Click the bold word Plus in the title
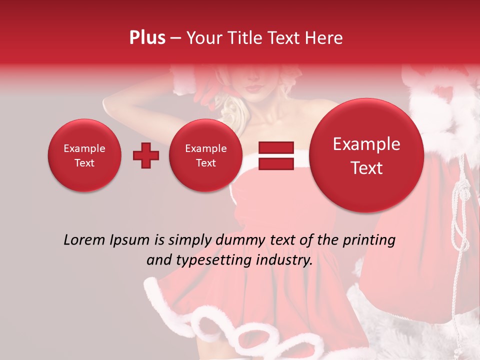tap(147, 38)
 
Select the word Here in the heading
tap(324, 38)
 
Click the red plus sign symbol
tap(145, 155)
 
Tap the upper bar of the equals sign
tap(275, 147)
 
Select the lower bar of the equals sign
tap(275, 164)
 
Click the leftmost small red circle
tap(84, 155)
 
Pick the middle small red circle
tap(205, 155)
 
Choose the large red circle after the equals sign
tap(366, 155)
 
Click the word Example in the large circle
tap(366, 144)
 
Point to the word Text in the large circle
tap(366, 168)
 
